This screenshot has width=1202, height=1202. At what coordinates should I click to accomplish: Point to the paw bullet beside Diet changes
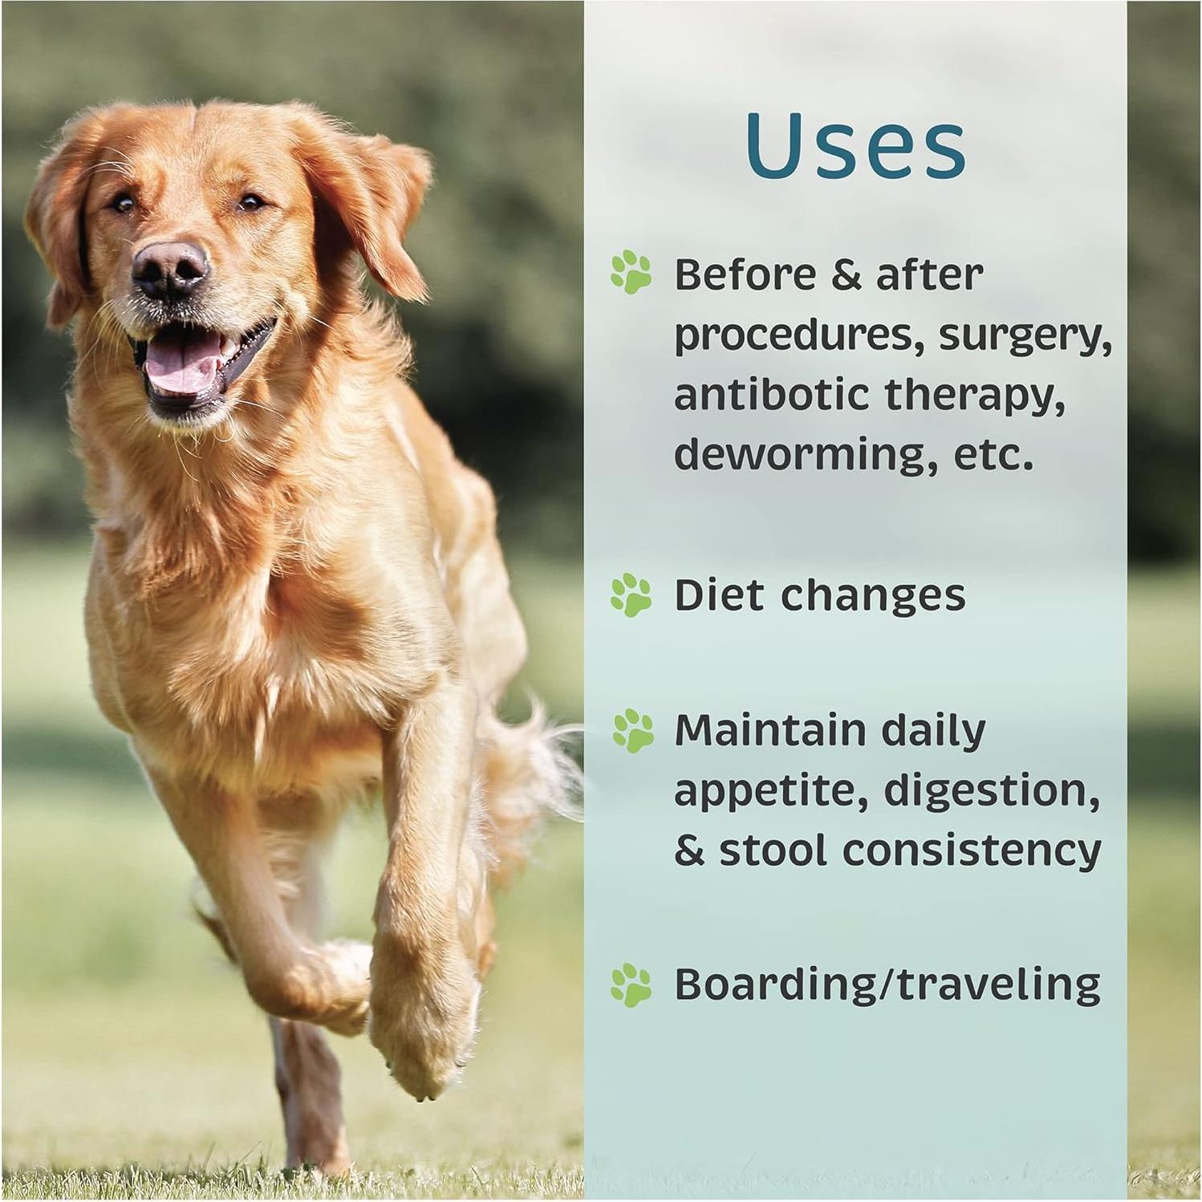(x=631, y=595)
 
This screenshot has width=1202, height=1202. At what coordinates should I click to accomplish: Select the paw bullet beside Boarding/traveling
(x=631, y=985)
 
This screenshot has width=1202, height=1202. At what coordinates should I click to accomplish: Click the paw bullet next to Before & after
(x=631, y=272)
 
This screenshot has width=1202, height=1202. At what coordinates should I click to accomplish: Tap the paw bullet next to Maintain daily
(x=633, y=730)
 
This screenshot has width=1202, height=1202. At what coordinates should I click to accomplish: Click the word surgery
(x=1025, y=335)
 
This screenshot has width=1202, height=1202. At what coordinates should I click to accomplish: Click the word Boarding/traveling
(x=887, y=985)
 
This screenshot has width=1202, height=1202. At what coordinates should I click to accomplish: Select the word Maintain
(x=770, y=730)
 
